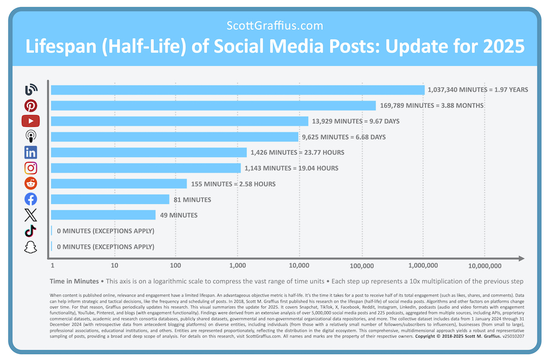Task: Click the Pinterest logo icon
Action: (x=31, y=106)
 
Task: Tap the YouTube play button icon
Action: (x=31, y=121)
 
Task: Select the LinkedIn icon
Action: (x=31, y=153)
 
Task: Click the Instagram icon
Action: (x=31, y=168)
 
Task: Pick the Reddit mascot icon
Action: (x=31, y=184)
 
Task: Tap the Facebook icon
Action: (x=31, y=199)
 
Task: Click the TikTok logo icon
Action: (x=31, y=231)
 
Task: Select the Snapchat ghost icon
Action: (x=31, y=247)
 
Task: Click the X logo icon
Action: (x=31, y=215)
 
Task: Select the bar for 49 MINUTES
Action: (x=103, y=215)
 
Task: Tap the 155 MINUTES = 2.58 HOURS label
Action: (x=233, y=184)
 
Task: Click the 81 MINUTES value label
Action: (x=192, y=200)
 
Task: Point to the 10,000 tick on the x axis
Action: (x=299, y=266)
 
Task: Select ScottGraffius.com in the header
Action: (x=275, y=25)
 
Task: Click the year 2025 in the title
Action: (x=500, y=47)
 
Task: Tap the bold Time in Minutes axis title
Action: (x=75, y=281)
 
